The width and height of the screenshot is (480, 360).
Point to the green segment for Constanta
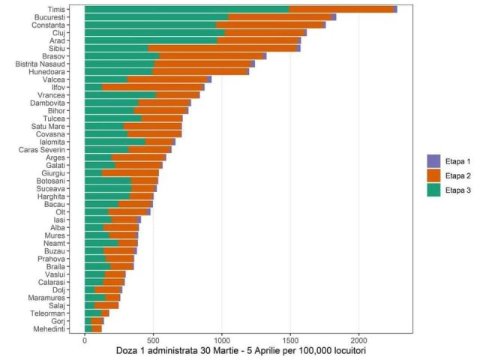pyautogui.click(x=150, y=25)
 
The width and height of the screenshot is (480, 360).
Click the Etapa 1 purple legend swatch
pyautogui.click(x=433, y=160)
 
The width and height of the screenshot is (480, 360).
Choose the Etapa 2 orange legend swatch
pyautogui.click(x=433, y=175)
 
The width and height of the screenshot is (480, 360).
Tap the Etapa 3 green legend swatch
pyautogui.click(x=433, y=191)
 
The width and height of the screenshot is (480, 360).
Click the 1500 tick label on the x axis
pyautogui.click(x=290, y=340)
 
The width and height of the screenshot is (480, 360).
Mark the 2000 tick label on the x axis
pyautogui.click(x=358, y=340)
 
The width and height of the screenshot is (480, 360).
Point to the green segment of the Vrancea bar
pyautogui.click(x=120, y=94)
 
